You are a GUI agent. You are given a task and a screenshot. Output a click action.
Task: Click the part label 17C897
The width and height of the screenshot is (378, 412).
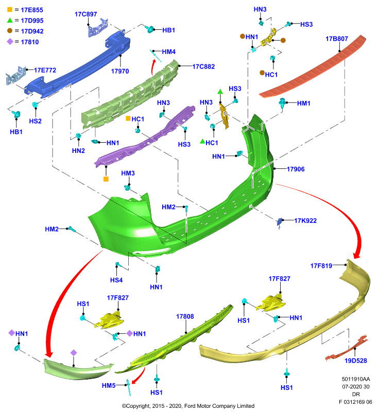[x=85, y=14]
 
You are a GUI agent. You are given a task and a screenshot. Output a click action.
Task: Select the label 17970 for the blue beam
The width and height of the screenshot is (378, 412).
[x=120, y=71]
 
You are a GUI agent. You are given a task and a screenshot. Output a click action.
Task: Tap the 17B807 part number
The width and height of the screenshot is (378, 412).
[x=337, y=39]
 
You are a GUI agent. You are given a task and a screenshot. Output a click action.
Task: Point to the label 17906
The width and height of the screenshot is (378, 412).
[x=296, y=169]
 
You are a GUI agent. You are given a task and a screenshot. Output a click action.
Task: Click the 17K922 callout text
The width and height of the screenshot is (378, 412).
[x=305, y=220]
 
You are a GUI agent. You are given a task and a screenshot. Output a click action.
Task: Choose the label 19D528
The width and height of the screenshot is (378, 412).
[x=356, y=360]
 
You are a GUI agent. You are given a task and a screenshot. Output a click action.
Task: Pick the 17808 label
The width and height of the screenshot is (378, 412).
[x=185, y=316]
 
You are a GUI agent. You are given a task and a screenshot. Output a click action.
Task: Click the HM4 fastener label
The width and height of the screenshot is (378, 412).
[x=168, y=52]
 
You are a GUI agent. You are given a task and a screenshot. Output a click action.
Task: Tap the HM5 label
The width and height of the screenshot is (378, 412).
[x=109, y=385]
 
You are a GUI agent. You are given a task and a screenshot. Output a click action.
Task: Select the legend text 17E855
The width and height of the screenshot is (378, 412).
[x=32, y=10]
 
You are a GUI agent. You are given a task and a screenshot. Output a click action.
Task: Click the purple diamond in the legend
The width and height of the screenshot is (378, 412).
[x=10, y=42]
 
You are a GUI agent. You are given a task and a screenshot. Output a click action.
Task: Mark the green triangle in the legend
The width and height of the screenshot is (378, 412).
[x=10, y=20]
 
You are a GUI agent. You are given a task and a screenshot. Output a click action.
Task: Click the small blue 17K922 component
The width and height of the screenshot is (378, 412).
[x=280, y=222]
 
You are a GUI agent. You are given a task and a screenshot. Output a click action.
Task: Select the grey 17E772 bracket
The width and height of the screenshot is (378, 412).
[x=16, y=76]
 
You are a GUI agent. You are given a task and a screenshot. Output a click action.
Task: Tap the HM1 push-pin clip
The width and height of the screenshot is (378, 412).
[x=282, y=104]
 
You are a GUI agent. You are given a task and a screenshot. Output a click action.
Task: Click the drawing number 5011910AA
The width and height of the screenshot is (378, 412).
[x=356, y=379]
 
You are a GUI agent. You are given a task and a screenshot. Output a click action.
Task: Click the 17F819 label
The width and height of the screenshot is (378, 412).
[x=321, y=266]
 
